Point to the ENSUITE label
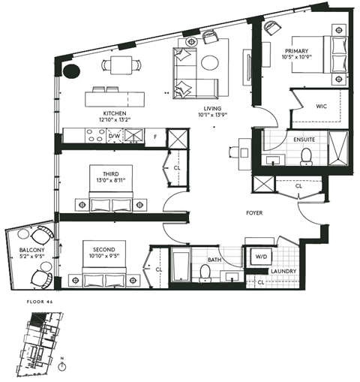click(303, 140)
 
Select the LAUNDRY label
click(283, 271)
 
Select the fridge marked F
click(154, 137)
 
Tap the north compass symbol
click(63, 366)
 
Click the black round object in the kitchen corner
click(72, 73)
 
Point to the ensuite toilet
click(305, 155)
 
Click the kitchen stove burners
click(96, 137)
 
